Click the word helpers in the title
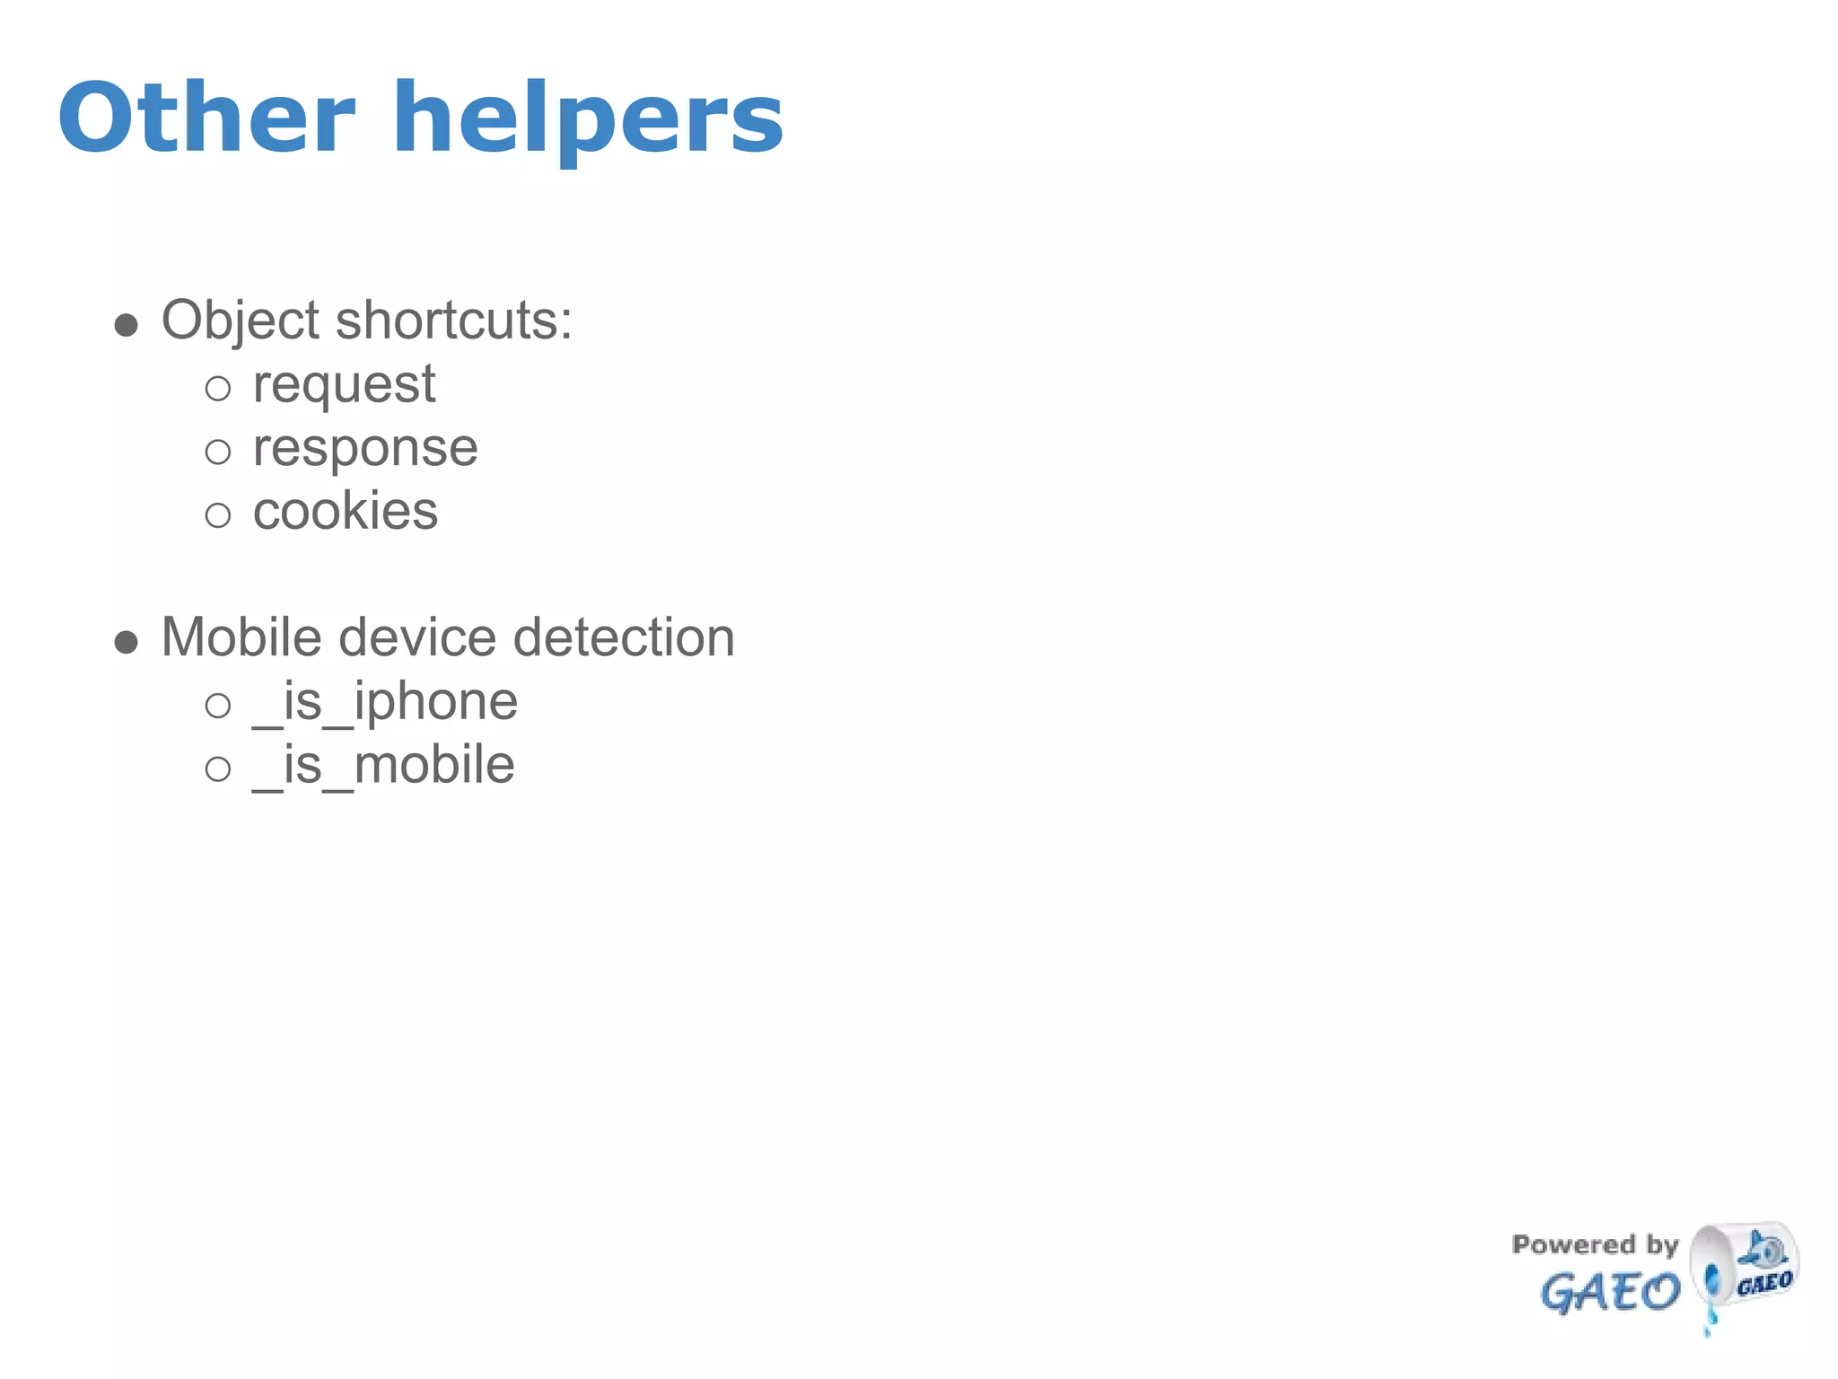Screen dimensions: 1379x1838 tap(588, 119)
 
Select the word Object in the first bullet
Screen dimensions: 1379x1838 tap(240, 321)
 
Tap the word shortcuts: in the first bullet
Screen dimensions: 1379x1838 tap(454, 321)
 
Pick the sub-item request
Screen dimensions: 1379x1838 tap(344, 385)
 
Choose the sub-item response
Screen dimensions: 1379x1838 tap(365, 448)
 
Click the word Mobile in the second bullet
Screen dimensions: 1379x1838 tap(241, 637)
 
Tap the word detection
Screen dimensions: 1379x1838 tap(624, 637)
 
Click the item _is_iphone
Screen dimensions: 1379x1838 tap(385, 701)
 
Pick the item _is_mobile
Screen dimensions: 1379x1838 tap(383, 765)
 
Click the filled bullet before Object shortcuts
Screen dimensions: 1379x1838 tap(127, 325)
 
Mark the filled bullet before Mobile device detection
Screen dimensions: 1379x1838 tap(127, 642)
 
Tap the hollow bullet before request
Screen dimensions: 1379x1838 tap(218, 389)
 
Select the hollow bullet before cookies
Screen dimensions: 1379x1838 tap(218, 515)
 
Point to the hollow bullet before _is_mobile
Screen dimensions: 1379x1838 tap(218, 769)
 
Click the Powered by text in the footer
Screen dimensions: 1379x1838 tap(1595, 1244)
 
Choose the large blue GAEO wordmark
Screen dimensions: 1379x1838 tap(1610, 1293)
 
